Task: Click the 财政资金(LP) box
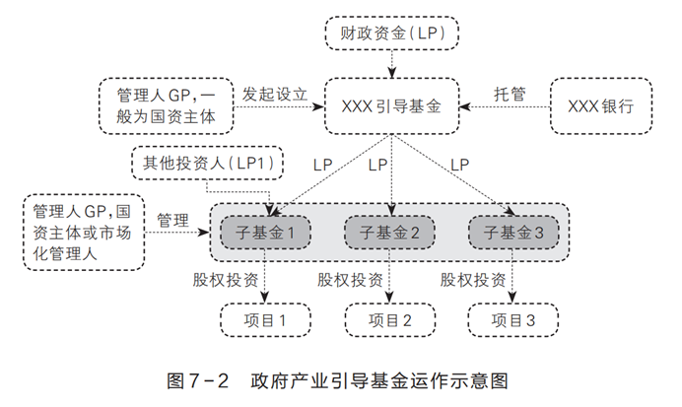point(392,34)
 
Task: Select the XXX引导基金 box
point(392,103)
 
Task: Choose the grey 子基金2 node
point(391,234)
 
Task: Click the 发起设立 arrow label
point(276,94)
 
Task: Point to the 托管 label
point(509,94)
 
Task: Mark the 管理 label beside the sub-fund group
point(171,220)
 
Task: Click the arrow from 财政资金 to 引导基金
point(392,62)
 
